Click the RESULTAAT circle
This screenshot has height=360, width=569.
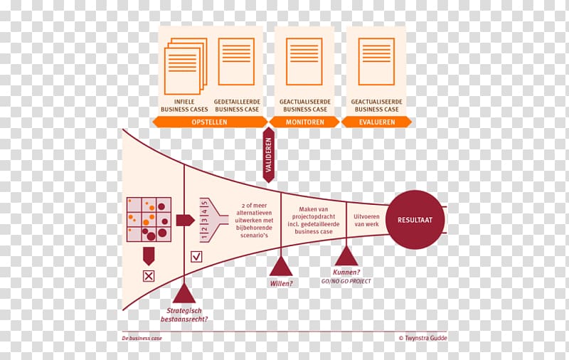415,220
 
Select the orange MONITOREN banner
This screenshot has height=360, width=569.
306,122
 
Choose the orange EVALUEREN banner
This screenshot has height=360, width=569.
376,122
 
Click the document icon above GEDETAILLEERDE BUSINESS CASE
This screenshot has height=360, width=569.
236,62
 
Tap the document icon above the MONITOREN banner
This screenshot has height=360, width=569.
304,62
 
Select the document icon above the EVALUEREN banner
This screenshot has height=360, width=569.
376,62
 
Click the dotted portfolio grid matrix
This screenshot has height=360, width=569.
149,220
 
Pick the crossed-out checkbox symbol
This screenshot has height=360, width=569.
149,275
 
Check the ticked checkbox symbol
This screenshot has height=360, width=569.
196,256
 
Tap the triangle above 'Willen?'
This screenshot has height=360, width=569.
281,266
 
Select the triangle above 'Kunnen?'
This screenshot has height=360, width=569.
346,256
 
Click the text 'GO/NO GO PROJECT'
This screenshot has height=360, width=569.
346,282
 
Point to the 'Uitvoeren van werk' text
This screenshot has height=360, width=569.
367,220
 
